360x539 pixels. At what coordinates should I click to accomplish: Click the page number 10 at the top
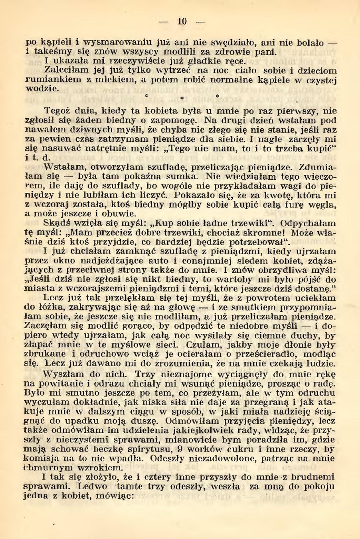tap(182, 22)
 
